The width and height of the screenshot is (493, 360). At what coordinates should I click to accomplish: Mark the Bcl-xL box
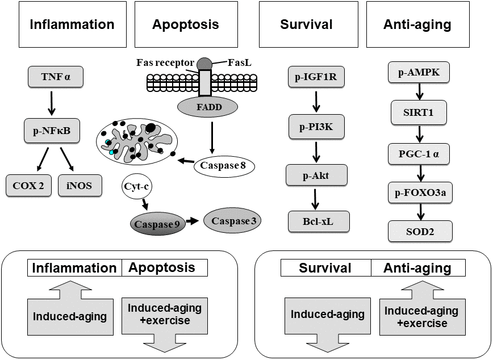point(318,221)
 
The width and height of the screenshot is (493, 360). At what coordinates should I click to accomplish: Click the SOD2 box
point(419,231)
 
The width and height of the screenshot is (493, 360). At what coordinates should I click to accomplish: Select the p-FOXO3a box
point(419,191)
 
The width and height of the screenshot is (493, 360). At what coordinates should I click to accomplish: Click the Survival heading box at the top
point(307,24)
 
